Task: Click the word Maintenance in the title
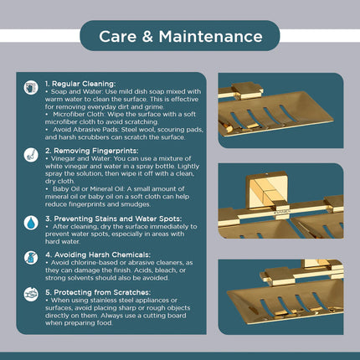pyautogui.click(x=211, y=36)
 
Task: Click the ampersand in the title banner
pyautogui.click(x=147, y=36)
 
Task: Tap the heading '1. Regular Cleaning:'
pyautogui.click(x=80, y=84)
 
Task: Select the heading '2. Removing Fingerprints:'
pyautogui.click(x=92, y=151)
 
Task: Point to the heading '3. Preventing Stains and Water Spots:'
pyautogui.click(x=114, y=219)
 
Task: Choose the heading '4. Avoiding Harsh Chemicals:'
pyautogui.click(x=98, y=255)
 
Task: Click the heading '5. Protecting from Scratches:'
pyautogui.click(x=98, y=292)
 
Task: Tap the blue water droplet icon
pyautogui.click(x=31, y=223)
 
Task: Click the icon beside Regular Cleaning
pyautogui.click(x=31, y=87)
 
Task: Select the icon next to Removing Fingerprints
pyautogui.click(x=31, y=155)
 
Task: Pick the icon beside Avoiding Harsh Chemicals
pyautogui.click(x=31, y=258)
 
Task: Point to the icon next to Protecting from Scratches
pyautogui.click(x=31, y=294)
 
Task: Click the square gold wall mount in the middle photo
pyautogui.click(x=266, y=190)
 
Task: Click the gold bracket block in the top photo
pyautogui.click(x=248, y=90)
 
